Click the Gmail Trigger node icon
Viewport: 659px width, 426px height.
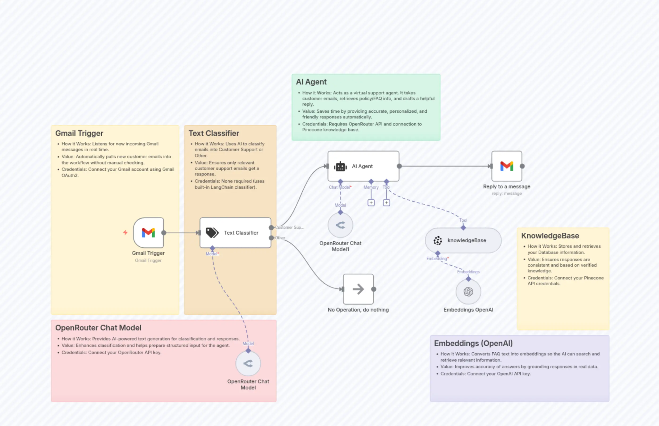point(148,233)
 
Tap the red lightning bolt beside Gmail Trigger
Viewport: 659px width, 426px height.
point(125,232)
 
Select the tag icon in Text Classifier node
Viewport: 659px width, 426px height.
point(212,233)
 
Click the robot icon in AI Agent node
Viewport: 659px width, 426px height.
point(340,166)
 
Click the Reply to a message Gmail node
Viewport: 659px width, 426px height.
point(506,166)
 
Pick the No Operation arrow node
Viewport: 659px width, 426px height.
point(358,289)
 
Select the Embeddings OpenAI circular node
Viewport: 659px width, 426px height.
point(468,291)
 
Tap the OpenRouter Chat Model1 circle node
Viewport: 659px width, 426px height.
point(340,225)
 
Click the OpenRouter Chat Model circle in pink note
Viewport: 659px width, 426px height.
point(248,363)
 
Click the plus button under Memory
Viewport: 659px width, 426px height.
point(371,203)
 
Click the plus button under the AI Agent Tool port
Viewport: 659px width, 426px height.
point(386,203)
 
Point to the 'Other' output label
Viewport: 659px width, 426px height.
point(280,238)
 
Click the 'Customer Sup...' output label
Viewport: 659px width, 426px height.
point(289,227)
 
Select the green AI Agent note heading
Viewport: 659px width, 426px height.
point(311,82)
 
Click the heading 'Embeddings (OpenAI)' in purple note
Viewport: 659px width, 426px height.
point(473,343)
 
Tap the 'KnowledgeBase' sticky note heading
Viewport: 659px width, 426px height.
point(550,236)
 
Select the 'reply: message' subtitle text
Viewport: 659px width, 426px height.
point(506,194)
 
